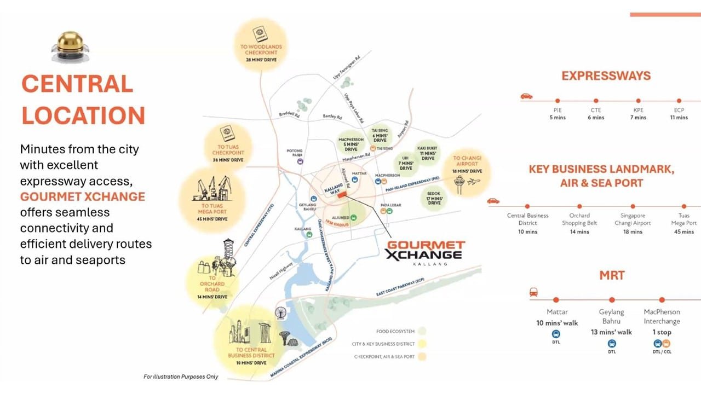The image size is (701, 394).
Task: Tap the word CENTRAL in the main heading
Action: point(77,84)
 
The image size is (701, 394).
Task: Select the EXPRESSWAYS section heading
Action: point(606,76)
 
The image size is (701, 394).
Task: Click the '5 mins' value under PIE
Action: point(558,118)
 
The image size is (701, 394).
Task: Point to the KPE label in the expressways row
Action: point(638,110)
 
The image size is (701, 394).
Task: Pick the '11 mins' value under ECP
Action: point(679,118)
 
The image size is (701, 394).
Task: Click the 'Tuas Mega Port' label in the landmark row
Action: point(683,219)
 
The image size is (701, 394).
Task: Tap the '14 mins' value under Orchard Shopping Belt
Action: point(579,232)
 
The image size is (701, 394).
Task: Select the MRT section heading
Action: point(612,275)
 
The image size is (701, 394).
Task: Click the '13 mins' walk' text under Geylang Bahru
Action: point(611,332)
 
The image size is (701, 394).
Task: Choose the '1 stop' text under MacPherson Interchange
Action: point(661,332)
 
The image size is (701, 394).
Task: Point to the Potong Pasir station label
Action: point(295,152)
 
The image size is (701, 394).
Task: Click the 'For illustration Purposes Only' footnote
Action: point(181,376)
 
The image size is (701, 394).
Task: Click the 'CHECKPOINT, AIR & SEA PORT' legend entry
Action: point(383,357)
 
